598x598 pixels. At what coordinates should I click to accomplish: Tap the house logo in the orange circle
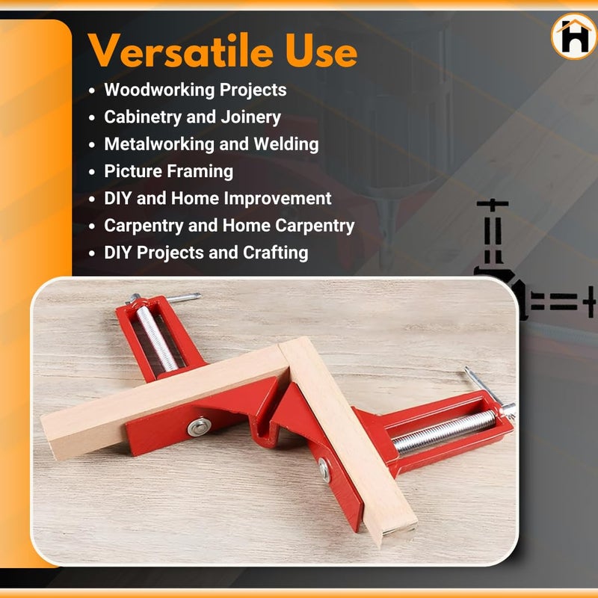(x=574, y=37)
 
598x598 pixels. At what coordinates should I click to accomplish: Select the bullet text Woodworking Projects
(x=195, y=90)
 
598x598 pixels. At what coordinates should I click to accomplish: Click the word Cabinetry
(x=140, y=117)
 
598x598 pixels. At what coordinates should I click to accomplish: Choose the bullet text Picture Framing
(x=168, y=171)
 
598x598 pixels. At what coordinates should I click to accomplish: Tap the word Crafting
(x=275, y=253)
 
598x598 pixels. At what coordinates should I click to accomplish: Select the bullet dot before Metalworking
(x=92, y=145)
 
